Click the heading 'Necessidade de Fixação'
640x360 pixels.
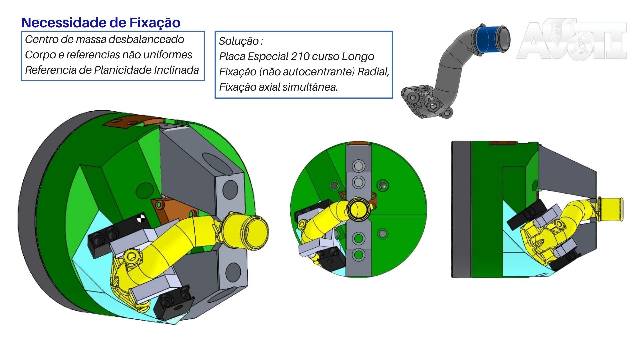101,23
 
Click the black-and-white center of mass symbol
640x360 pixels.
141,219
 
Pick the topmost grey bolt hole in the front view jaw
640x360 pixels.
359,166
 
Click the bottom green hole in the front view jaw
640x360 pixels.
359,255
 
